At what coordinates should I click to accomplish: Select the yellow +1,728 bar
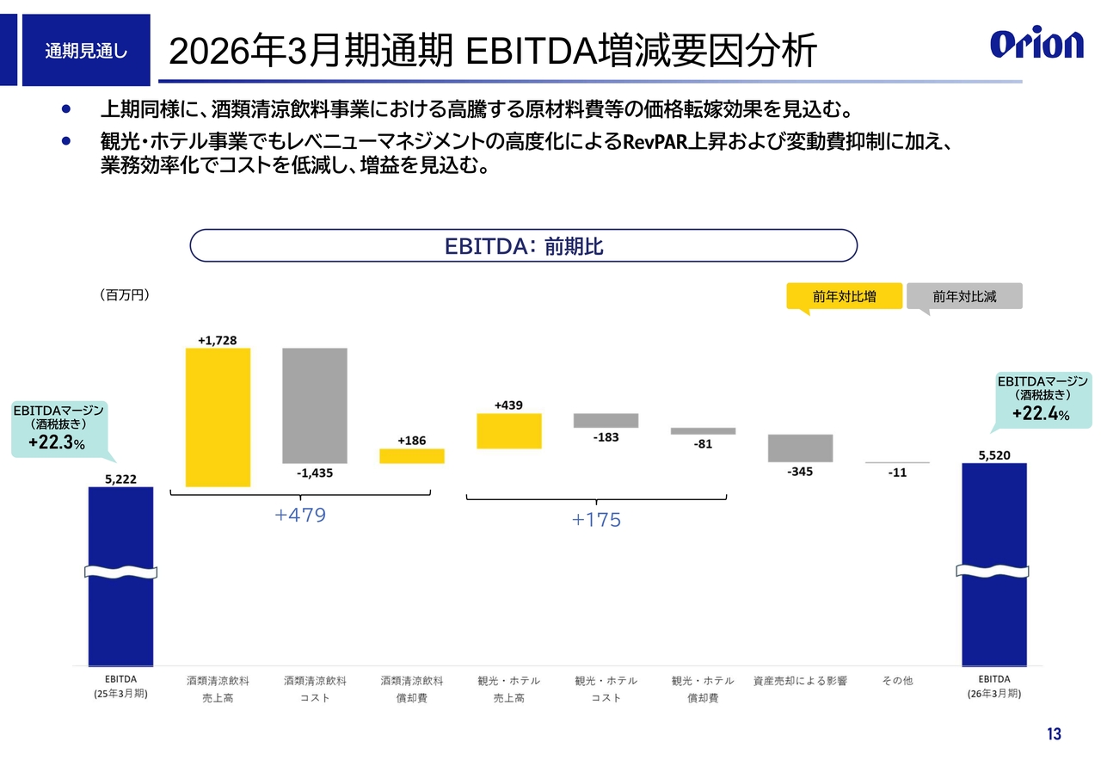pos(218,417)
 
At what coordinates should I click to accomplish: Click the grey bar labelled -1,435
pos(315,405)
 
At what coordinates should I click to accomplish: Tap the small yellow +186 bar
pos(412,456)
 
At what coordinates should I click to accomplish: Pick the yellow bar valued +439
pos(509,430)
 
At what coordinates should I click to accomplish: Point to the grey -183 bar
pos(606,420)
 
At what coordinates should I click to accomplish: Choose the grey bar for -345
pos(800,448)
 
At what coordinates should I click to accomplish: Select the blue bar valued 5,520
pos(993,564)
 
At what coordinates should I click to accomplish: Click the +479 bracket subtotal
pos(300,516)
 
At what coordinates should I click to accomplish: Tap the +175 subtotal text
pos(596,520)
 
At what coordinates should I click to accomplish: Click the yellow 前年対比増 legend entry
pos(844,296)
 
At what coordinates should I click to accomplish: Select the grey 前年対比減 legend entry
pos(964,296)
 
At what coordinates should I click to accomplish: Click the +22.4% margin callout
pos(1043,399)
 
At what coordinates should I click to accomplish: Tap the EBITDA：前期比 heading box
pos(523,245)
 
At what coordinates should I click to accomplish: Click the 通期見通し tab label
pos(86,51)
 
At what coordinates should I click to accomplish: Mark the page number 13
pos(1054,734)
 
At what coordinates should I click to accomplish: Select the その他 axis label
pos(897,680)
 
